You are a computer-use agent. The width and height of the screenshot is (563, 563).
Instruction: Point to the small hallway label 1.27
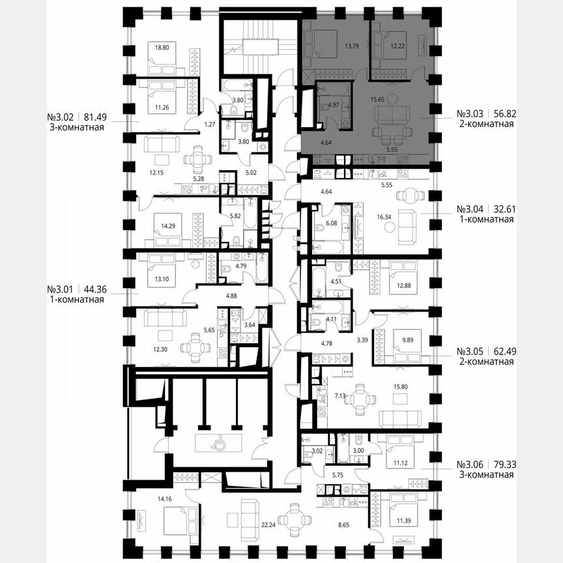(191, 124)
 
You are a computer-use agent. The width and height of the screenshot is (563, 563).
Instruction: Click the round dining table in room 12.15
(197, 159)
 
